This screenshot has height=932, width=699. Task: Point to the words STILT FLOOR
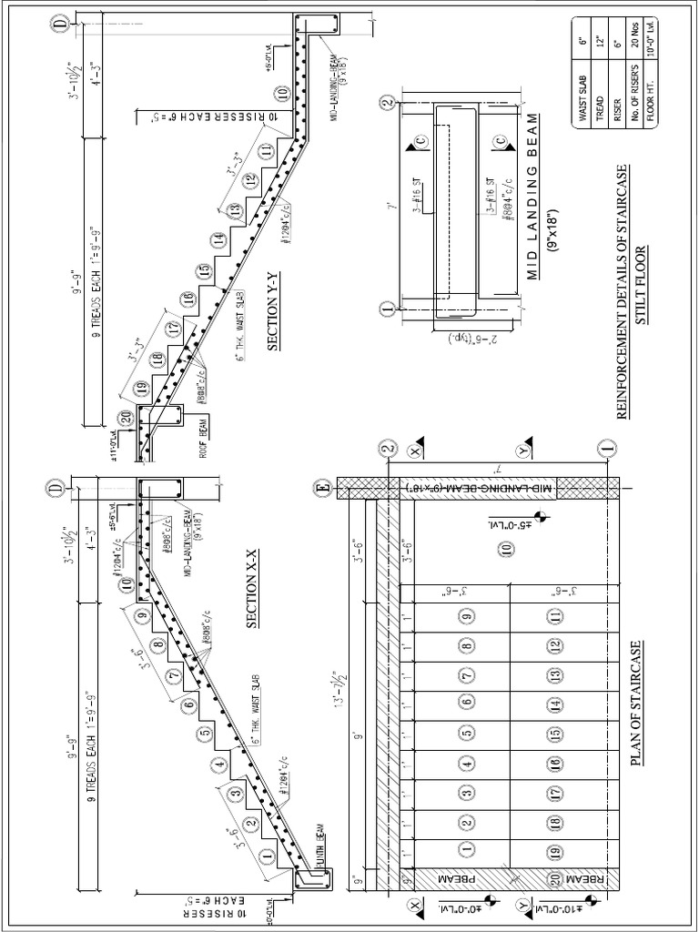641,287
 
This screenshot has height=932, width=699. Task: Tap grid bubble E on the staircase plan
321,488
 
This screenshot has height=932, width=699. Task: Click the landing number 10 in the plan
506,548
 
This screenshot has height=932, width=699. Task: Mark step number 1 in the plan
467,851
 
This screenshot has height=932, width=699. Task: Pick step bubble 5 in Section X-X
205,732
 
